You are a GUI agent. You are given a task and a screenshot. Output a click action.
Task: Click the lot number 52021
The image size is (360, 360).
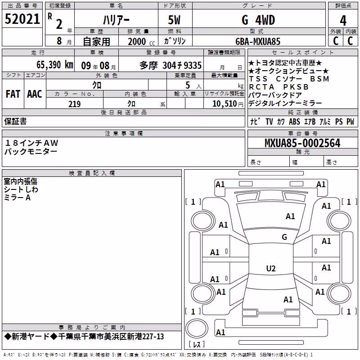click(22, 19)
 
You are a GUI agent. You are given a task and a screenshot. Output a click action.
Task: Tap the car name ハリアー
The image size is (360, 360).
click(116, 20)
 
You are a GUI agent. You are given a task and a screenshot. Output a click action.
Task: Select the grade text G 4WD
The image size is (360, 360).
click(258, 20)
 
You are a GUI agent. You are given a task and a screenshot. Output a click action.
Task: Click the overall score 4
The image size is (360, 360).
click(343, 21)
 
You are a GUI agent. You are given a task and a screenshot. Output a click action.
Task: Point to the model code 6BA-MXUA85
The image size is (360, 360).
click(258, 41)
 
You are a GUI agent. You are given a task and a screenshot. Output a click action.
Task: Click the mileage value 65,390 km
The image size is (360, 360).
click(55, 65)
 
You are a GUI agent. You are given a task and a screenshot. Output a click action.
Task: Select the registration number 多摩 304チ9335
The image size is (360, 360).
click(171, 66)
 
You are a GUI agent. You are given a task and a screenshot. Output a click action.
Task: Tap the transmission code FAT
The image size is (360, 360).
click(13, 94)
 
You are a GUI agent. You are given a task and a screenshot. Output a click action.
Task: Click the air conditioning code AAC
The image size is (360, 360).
click(35, 94)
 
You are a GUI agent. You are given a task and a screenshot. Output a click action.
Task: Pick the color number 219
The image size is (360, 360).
click(75, 104)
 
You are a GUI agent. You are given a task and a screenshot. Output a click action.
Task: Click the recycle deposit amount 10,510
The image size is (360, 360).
click(225, 104)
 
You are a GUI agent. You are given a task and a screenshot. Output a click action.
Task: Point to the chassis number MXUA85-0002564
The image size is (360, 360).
click(302, 143)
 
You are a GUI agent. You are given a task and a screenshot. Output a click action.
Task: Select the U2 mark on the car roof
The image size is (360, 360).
click(271, 268)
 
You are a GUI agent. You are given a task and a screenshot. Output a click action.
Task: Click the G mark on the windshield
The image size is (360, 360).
click(284, 237)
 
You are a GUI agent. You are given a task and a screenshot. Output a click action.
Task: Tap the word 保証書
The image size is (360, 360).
click(15, 121)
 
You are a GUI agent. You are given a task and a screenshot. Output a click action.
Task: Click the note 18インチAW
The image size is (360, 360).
click(31, 143)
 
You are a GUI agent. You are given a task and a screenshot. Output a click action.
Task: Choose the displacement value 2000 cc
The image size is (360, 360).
click(141, 42)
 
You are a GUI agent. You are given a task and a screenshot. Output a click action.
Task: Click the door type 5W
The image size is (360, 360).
click(174, 20)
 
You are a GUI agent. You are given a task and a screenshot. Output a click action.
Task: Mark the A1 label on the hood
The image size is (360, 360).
click(290, 216)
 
